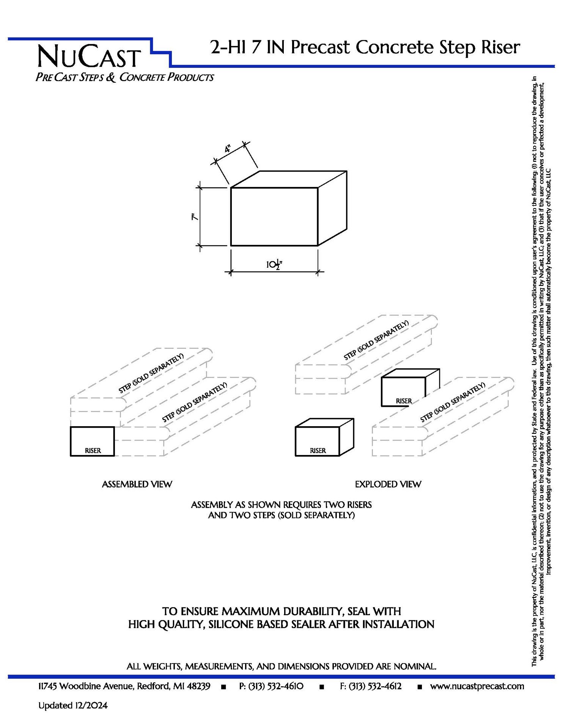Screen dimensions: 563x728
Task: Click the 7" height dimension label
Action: [x=195, y=217]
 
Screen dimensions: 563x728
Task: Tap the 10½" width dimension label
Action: [x=274, y=264]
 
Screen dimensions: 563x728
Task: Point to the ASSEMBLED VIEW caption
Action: [x=137, y=484]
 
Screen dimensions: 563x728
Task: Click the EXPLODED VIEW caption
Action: [x=388, y=484]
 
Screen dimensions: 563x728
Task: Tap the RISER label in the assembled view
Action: [x=93, y=450]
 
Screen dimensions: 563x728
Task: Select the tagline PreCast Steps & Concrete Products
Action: [x=125, y=77]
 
